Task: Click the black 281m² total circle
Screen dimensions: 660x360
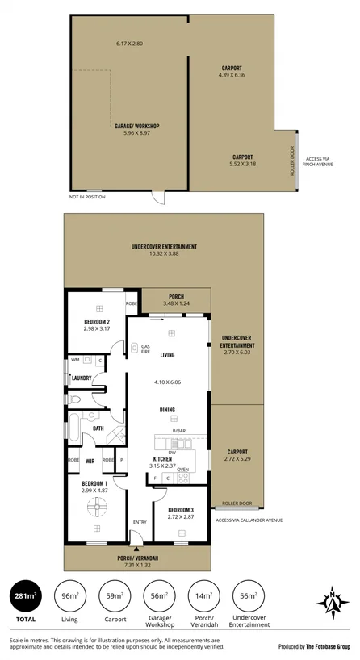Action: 24,598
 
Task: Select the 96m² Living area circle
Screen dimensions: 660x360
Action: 70,598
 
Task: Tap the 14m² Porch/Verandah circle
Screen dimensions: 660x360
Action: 204,598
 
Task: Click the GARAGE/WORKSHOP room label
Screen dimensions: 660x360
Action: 136,127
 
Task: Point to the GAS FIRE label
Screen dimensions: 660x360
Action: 144,349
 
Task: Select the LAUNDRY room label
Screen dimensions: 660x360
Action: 81,378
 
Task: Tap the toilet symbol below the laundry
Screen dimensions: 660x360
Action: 75,399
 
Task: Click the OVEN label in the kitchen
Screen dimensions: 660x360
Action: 183,469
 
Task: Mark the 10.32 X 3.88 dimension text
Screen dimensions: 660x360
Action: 163,253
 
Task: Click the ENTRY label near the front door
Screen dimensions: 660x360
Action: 139,522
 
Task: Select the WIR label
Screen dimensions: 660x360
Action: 90,462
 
